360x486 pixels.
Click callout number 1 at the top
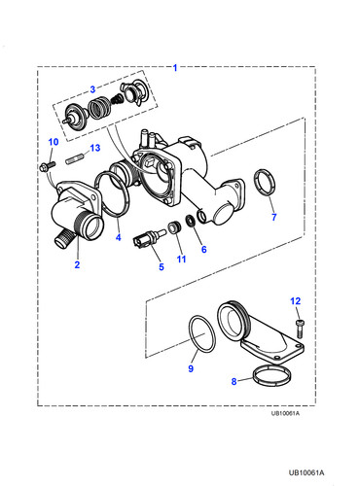click(175, 68)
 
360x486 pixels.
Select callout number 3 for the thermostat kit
click(92, 89)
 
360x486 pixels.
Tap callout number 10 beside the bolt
click(54, 142)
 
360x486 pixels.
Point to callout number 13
click(95, 148)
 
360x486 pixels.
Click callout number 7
click(274, 217)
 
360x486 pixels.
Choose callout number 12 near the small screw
click(296, 301)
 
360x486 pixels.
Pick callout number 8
click(234, 381)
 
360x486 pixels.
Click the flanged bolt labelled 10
click(48, 167)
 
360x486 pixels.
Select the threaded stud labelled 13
click(75, 159)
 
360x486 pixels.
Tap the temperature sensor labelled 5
click(147, 238)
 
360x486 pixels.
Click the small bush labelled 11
click(174, 227)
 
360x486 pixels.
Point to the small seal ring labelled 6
click(191, 221)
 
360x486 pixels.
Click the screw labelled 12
click(300, 328)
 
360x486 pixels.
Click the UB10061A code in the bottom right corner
click(306, 473)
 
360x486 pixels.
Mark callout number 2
click(77, 264)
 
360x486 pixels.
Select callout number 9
click(191, 368)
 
